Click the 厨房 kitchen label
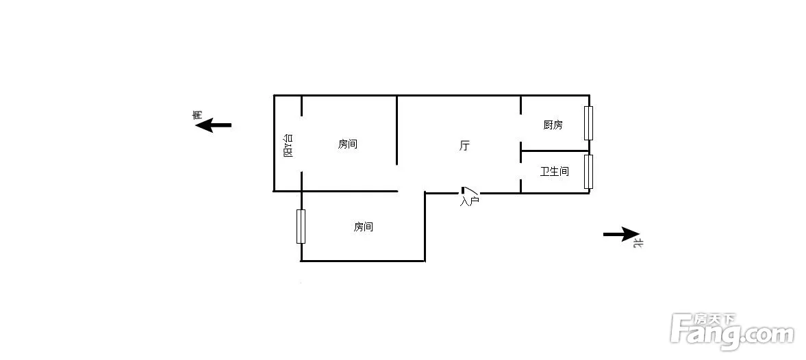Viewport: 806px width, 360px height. (553, 125)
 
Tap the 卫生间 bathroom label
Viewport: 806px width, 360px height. (555, 171)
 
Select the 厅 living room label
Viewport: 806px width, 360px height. (464, 146)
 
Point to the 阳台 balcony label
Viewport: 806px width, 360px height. (288, 145)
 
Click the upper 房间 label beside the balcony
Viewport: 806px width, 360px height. (347, 144)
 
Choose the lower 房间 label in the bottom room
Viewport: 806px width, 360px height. (364, 227)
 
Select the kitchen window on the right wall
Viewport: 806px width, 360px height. (588, 123)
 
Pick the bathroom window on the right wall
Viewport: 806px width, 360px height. (588, 172)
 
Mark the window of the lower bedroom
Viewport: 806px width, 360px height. (301, 227)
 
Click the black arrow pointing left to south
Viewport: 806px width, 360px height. (214, 125)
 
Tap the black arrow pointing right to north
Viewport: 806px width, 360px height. (622, 234)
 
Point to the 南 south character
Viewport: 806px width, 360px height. (197, 114)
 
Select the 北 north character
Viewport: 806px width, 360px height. (638, 243)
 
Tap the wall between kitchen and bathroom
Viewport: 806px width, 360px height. (555, 151)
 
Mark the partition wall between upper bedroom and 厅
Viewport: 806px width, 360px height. (396, 131)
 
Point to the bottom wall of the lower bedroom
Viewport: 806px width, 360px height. (363, 261)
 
